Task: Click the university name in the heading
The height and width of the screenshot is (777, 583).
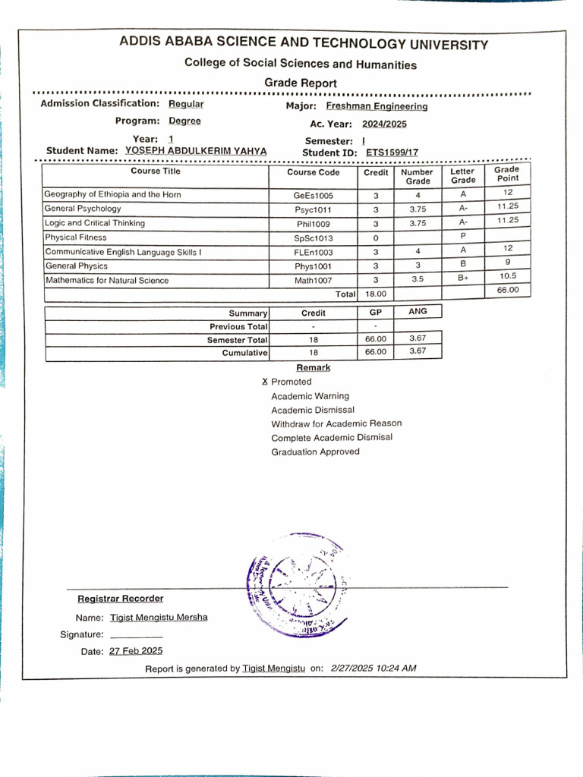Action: pyautogui.click(x=304, y=44)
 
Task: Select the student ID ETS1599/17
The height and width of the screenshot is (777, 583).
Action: pyautogui.click(x=392, y=153)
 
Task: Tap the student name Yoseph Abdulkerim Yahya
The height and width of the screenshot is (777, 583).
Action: pyautogui.click(x=196, y=151)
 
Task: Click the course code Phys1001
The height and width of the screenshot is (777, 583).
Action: pyautogui.click(x=314, y=266)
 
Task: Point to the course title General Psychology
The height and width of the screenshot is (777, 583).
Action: pyautogui.click(x=83, y=209)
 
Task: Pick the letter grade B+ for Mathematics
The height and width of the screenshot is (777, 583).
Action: pyautogui.click(x=464, y=279)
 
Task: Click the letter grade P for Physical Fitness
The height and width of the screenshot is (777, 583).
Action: pyautogui.click(x=463, y=237)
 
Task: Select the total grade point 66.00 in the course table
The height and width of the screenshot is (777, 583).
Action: pyautogui.click(x=508, y=290)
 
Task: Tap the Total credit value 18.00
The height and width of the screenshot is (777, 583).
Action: pyautogui.click(x=376, y=294)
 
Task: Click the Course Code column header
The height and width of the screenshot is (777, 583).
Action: pyautogui.click(x=314, y=173)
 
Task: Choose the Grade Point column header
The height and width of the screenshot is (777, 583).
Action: pyautogui.click(x=508, y=174)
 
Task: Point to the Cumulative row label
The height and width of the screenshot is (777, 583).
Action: pyautogui.click(x=244, y=353)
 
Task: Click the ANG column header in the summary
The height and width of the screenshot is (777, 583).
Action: pyautogui.click(x=418, y=312)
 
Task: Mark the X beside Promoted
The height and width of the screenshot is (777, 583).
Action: pyautogui.click(x=265, y=382)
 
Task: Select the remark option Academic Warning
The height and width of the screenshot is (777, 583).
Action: pyautogui.click(x=310, y=396)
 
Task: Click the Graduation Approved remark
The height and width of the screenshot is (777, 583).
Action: pyautogui.click(x=316, y=452)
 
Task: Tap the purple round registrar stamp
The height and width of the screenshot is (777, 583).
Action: pyautogui.click(x=297, y=584)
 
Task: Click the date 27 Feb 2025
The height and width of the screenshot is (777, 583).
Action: pyautogui.click(x=136, y=651)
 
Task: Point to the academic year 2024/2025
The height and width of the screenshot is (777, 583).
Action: pyautogui.click(x=384, y=124)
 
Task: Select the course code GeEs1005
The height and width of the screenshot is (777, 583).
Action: pyautogui.click(x=314, y=195)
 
